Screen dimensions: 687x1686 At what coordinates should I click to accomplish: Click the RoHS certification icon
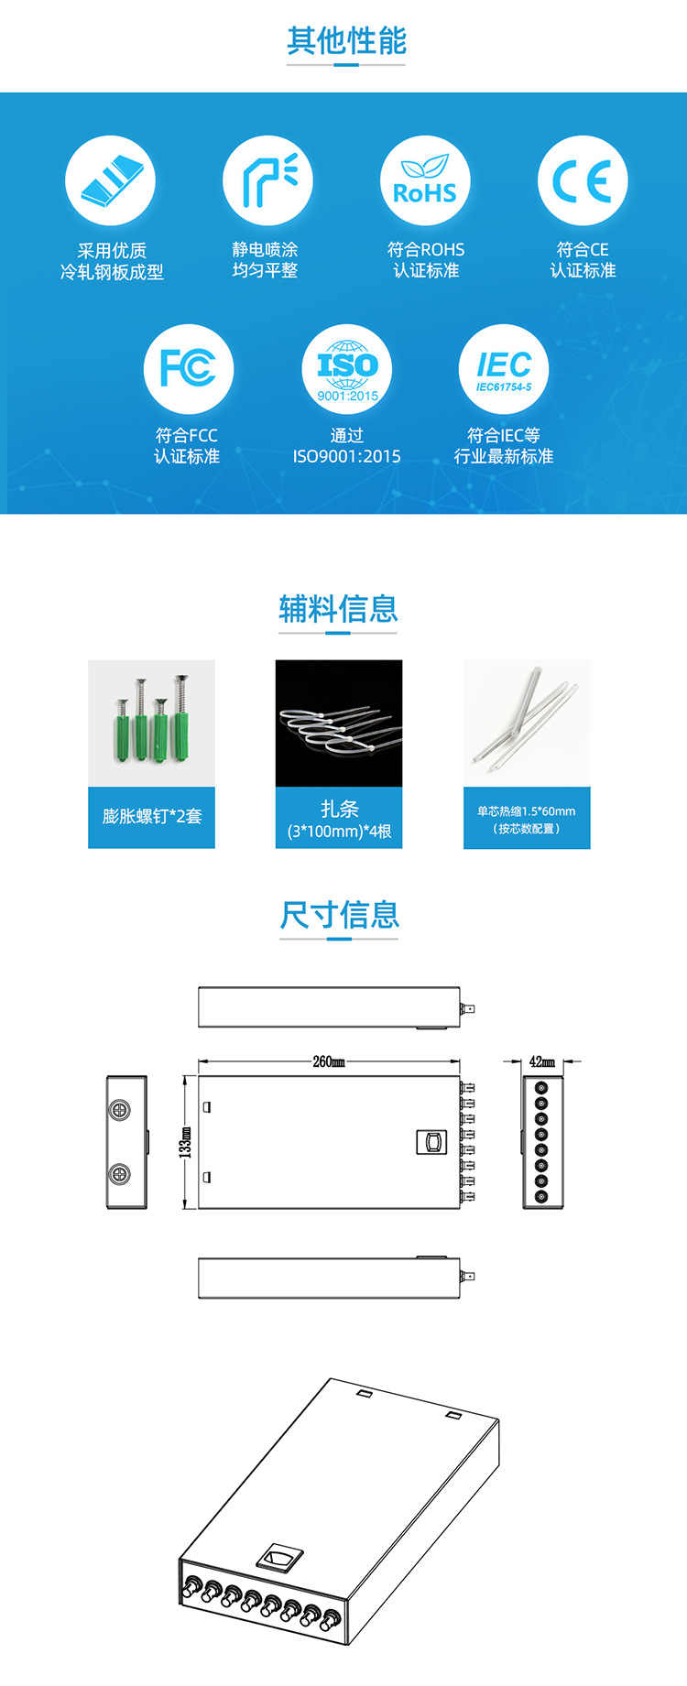(425, 180)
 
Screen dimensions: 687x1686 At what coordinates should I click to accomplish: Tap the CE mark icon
(583, 180)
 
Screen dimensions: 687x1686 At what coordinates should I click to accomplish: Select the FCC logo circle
(189, 369)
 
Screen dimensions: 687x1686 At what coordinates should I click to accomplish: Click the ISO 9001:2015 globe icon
(347, 369)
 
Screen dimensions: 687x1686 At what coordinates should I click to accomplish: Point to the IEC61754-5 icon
(504, 369)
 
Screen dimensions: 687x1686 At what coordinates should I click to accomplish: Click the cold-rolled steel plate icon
(111, 180)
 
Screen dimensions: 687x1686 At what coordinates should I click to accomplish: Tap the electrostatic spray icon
(267, 180)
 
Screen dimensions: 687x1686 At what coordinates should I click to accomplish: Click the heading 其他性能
(346, 41)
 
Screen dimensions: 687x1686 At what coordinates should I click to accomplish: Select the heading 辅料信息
(338, 609)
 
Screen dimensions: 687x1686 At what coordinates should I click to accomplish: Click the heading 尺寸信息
(340, 915)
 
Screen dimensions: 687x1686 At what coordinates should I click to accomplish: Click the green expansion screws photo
(151, 723)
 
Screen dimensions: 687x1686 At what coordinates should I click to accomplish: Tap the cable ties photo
(339, 723)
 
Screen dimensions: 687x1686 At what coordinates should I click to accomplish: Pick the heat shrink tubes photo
(527, 723)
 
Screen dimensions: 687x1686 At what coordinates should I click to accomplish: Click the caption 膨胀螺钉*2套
(152, 816)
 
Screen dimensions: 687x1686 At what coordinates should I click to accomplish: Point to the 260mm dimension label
(329, 1061)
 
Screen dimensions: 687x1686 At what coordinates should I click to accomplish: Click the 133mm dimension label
(185, 1142)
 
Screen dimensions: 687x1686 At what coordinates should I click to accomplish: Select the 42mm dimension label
(542, 1061)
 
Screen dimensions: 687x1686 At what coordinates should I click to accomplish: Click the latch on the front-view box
(431, 1141)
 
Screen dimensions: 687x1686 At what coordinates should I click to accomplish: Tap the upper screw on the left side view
(120, 1110)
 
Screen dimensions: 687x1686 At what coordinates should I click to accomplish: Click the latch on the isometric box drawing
(280, 1557)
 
